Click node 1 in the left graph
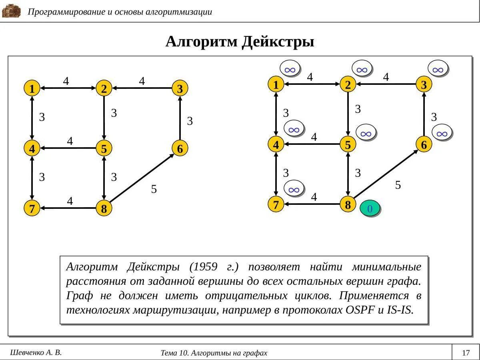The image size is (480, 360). [32, 88]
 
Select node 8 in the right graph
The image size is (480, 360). [348, 205]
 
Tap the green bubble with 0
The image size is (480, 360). [370, 209]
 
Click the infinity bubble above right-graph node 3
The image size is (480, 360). [438, 70]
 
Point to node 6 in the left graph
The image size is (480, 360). [180, 148]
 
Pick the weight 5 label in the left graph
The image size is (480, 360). [154, 189]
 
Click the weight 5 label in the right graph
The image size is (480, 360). [398, 185]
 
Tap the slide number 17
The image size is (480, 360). [466, 353]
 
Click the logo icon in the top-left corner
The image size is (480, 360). [11, 11]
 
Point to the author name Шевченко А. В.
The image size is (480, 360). [36, 352]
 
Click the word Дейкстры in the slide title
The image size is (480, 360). [278, 42]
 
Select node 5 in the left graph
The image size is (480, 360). [104, 149]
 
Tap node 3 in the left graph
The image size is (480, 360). [180, 88]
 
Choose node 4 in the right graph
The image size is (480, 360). [276, 144]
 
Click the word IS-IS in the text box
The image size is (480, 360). [400, 310]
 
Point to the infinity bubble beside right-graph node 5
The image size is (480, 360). [366, 134]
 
